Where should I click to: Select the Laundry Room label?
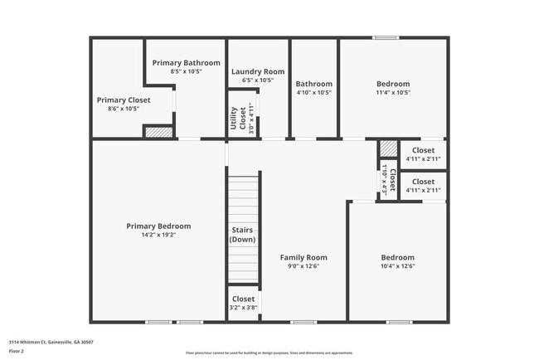(257, 71)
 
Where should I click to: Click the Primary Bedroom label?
(158, 226)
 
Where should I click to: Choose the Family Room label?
(303, 257)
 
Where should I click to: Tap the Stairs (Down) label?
(243, 235)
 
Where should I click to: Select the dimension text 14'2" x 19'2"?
(158, 236)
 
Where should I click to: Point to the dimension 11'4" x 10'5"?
(392, 92)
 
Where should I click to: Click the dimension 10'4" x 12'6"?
(397, 266)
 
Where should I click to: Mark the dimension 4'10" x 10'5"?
(314, 92)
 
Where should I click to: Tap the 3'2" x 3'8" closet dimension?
(243, 308)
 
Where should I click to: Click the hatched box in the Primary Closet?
(158, 131)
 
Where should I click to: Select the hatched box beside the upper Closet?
(388, 148)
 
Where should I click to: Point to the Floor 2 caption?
(17, 351)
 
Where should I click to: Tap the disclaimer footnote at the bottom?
(269, 353)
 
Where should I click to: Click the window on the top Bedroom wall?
(384, 37)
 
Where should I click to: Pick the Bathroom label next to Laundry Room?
(314, 84)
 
